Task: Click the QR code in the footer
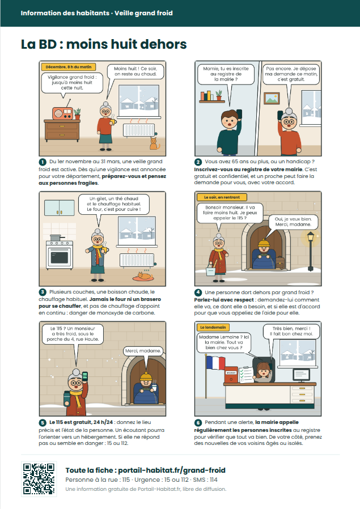click(x=39, y=479)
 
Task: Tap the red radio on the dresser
click(x=63, y=113)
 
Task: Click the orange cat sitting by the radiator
click(x=154, y=143)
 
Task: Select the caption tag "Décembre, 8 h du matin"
click(x=69, y=67)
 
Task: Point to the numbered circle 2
click(x=198, y=162)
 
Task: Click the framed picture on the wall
click(x=272, y=99)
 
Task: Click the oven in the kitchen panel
click(x=60, y=254)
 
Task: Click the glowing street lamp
click(x=311, y=251)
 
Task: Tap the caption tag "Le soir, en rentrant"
click(x=222, y=197)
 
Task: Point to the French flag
click(x=215, y=363)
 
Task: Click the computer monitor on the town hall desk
click(x=301, y=375)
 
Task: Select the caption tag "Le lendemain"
click(x=213, y=327)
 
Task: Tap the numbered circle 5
click(x=43, y=423)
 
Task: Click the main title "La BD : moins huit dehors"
click(x=104, y=44)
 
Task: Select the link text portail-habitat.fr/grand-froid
click(x=172, y=470)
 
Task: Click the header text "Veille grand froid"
click(x=143, y=13)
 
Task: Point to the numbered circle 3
click(x=43, y=292)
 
